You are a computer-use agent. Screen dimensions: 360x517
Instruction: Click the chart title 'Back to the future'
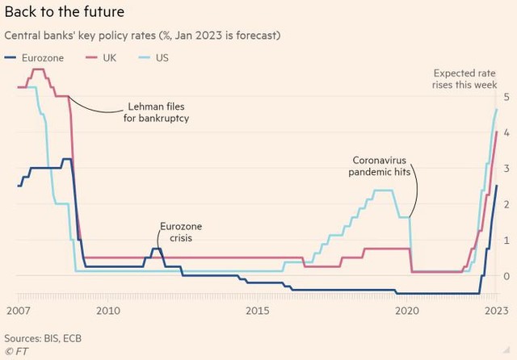pos(65,12)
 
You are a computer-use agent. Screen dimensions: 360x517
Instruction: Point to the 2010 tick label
pos(108,311)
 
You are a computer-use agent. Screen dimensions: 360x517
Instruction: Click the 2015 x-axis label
pos(258,311)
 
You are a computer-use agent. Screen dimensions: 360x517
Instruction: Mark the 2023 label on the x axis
pos(495,311)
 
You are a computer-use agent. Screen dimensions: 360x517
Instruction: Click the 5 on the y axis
pos(506,97)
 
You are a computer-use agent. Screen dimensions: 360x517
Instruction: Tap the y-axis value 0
pos(506,276)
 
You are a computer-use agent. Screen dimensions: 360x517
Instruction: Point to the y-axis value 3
pos(506,169)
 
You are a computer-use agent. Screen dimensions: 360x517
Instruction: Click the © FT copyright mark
pos(16,352)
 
